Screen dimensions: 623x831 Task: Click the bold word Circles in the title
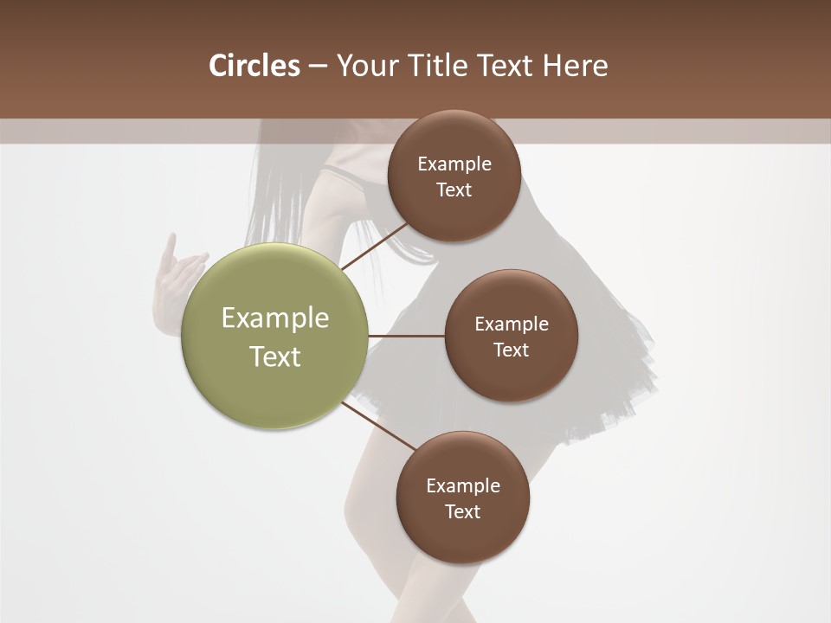click(254, 66)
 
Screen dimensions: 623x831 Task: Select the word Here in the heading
click(575, 66)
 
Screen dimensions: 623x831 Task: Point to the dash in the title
click(318, 67)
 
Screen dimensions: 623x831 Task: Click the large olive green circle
click(275, 381)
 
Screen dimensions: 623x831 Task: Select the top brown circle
click(454, 216)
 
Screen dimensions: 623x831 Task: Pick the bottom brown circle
click(462, 536)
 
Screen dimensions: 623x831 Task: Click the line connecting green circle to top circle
click(376, 246)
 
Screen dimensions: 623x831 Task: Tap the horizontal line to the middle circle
click(406, 336)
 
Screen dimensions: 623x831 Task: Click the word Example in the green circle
click(275, 318)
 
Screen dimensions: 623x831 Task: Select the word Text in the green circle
click(275, 356)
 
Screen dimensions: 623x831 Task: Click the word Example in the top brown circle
click(454, 164)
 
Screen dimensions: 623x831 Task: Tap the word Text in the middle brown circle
click(511, 350)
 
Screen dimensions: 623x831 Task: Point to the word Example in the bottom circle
click(463, 485)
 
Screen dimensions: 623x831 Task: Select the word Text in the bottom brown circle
click(462, 511)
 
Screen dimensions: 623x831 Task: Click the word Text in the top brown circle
click(454, 189)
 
